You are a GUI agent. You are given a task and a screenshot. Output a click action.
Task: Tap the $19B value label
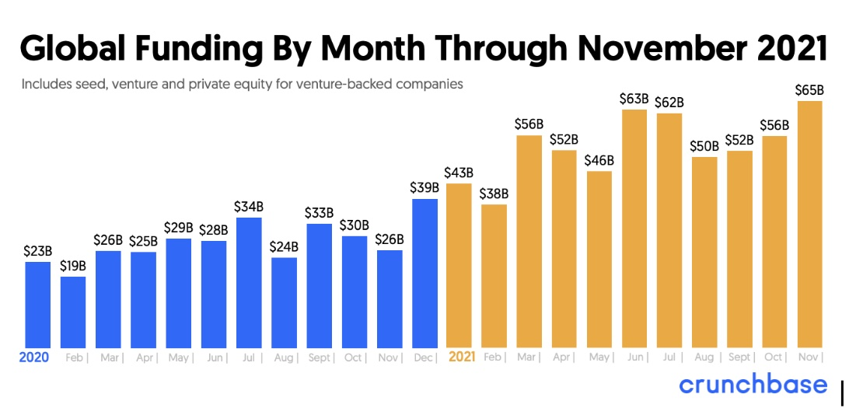73,267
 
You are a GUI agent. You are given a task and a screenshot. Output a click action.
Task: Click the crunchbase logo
753,385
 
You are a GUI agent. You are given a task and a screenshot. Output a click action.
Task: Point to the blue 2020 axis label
34,358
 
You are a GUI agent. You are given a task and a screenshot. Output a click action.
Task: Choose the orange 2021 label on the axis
463,358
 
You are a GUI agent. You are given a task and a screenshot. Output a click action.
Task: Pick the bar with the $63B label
634,228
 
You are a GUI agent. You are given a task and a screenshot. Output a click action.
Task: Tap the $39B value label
424,187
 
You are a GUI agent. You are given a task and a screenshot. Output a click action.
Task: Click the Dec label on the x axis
422,358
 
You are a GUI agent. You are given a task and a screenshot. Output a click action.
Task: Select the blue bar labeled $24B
284,302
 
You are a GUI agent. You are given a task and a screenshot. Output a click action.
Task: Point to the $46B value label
599,160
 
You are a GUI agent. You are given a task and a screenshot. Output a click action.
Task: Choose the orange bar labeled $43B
459,265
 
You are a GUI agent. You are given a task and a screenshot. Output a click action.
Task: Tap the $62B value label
669,102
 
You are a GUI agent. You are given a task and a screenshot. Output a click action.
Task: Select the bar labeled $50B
704,252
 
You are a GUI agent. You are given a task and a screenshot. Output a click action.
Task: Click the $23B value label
37,251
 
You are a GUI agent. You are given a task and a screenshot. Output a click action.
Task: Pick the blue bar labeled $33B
319,285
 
